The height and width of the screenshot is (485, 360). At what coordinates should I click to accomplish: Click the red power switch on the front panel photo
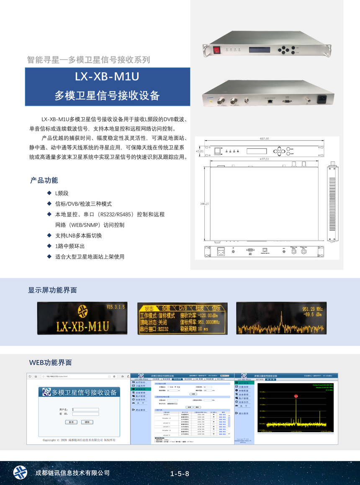click(217, 50)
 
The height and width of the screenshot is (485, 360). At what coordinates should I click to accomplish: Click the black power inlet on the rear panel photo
click(322, 99)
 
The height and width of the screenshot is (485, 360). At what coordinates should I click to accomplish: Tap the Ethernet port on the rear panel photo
click(271, 101)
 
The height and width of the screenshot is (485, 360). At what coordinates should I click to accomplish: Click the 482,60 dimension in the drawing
click(264, 139)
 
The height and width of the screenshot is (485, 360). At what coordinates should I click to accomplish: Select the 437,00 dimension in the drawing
click(264, 159)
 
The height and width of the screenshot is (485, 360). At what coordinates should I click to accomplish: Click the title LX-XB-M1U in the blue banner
click(107, 77)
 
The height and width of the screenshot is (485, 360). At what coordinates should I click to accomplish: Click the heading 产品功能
click(44, 180)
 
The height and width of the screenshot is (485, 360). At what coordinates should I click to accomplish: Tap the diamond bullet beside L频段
click(49, 193)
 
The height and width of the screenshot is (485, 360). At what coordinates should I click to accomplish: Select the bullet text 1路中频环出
click(70, 246)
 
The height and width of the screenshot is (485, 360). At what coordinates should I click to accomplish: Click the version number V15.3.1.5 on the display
click(115, 307)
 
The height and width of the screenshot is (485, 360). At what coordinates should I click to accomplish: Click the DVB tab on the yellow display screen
click(181, 307)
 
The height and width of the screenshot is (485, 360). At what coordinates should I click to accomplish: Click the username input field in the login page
click(86, 409)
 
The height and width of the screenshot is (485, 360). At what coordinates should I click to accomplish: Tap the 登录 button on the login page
click(71, 422)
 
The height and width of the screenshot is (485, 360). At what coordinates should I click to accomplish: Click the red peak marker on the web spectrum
click(296, 395)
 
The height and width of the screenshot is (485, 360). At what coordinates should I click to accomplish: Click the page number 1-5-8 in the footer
click(180, 474)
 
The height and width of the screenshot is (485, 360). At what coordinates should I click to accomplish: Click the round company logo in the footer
click(20, 472)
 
